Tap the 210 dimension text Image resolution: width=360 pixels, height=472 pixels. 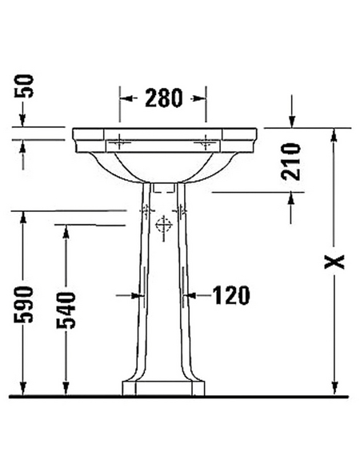[291, 161]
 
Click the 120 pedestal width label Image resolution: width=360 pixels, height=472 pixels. [230, 295]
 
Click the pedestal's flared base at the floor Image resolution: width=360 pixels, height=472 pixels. [163, 388]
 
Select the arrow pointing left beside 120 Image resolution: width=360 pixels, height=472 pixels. [193, 295]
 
